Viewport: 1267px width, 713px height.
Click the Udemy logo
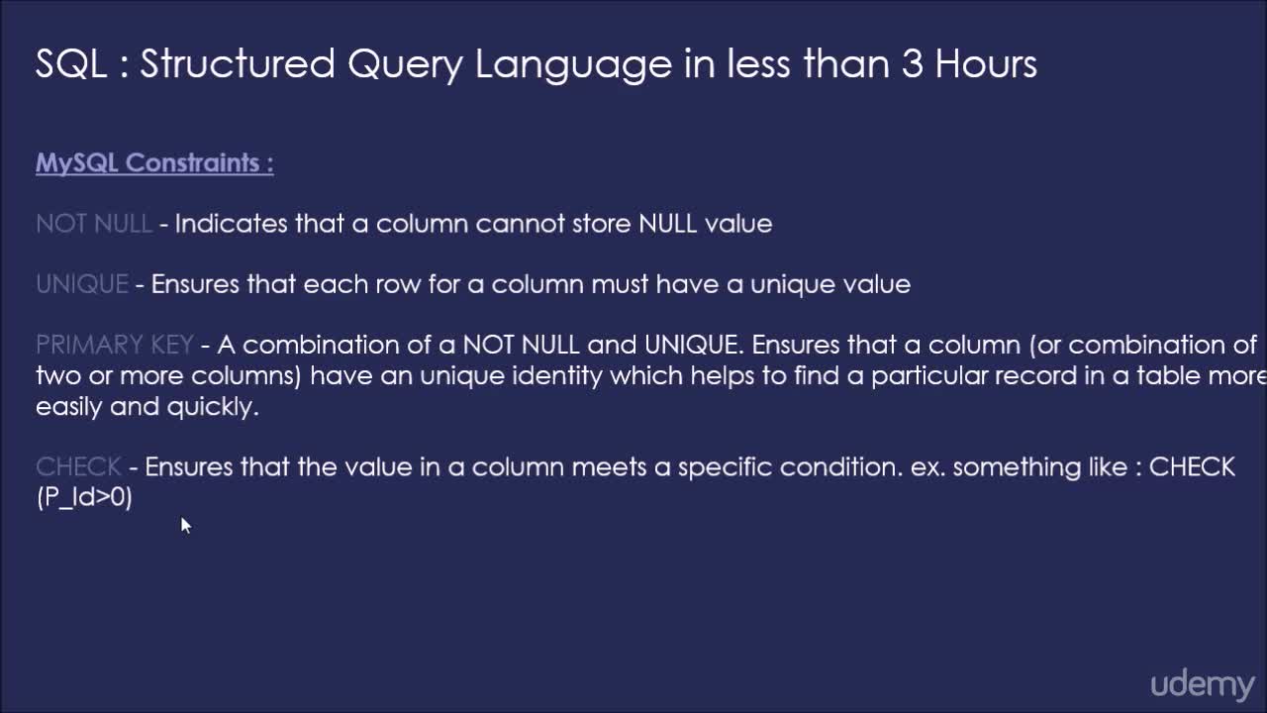1203,685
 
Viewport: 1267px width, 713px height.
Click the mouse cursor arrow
186,525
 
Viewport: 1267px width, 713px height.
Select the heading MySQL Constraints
154,163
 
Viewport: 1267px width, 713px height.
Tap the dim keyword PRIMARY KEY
115,345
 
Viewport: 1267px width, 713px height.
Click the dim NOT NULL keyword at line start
94,224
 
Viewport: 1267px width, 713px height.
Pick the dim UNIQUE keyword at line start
82,284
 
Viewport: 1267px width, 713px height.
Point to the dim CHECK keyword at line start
78,466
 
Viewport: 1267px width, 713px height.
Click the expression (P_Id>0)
84,498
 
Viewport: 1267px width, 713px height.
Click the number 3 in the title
913,63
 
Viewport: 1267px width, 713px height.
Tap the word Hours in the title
987,63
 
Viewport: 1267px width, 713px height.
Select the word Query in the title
406,64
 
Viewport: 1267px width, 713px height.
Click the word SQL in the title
71,63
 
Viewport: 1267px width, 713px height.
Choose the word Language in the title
573,64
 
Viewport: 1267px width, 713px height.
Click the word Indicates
231,224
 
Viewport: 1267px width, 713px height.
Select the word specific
725,468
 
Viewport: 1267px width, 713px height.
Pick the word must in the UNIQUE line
620,284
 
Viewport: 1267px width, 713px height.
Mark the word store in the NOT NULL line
601,224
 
